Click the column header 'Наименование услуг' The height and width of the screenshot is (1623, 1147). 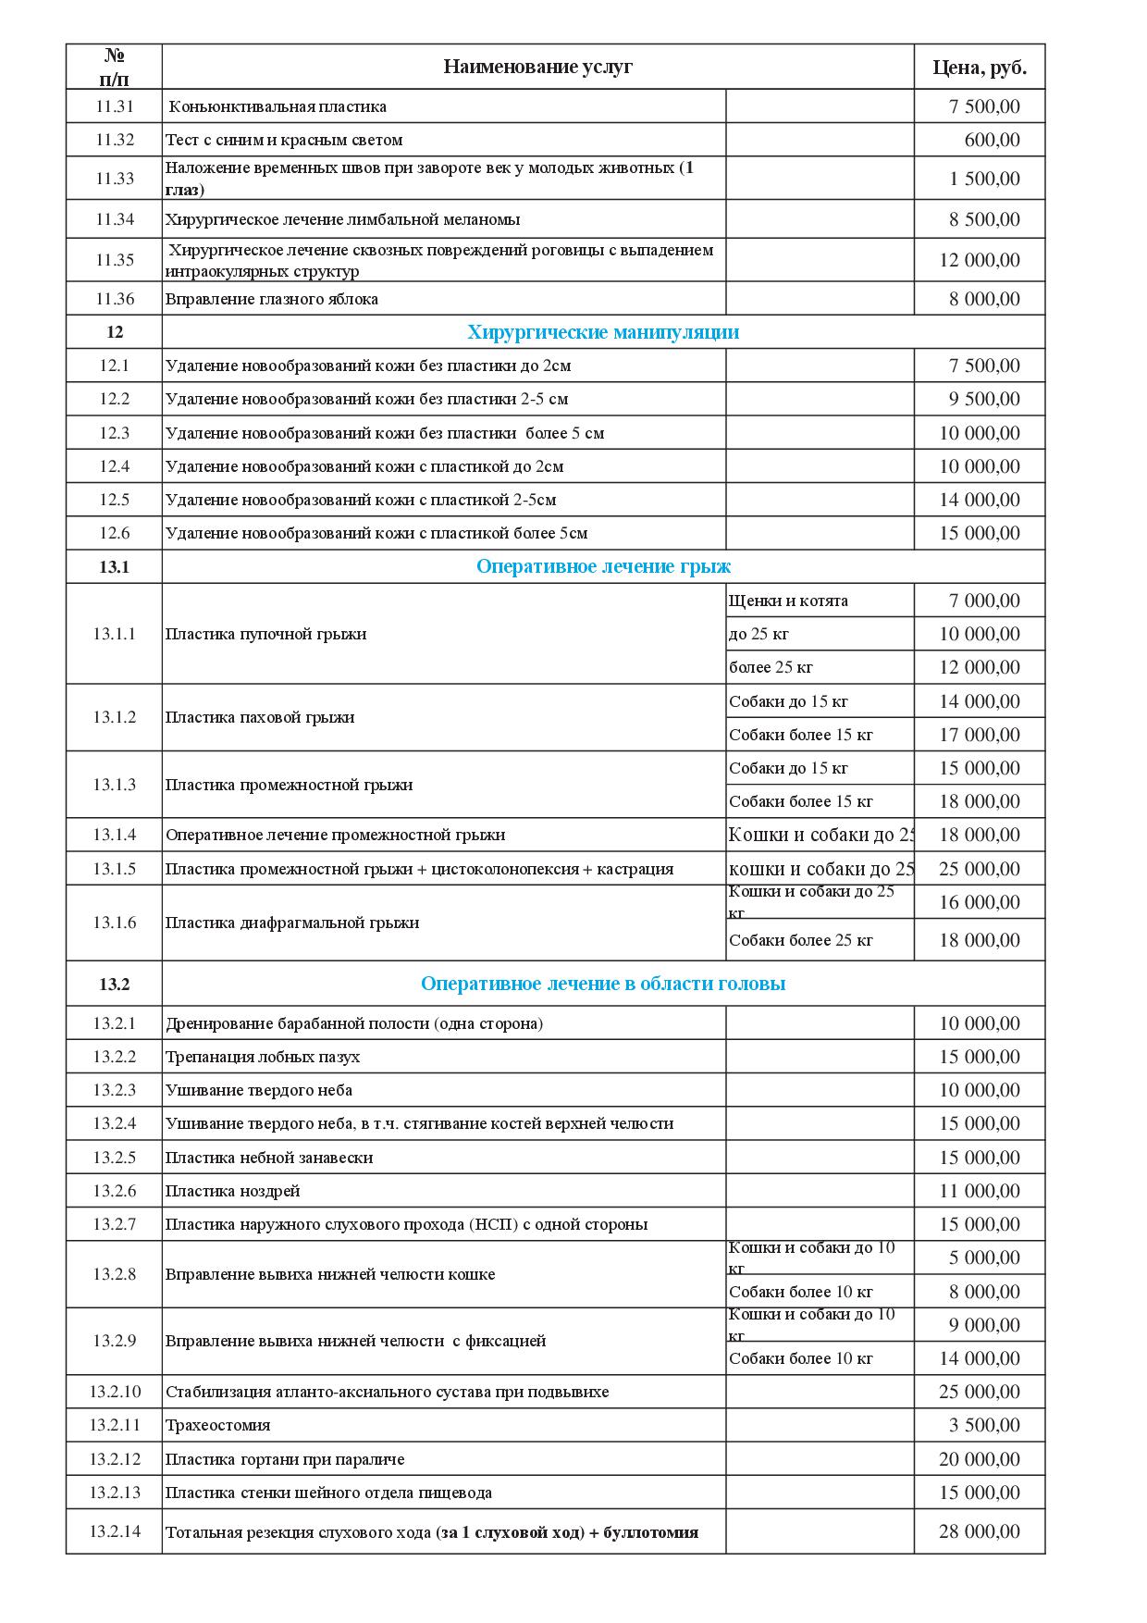pyautogui.click(x=537, y=67)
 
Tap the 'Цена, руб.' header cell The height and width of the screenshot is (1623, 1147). pyautogui.click(x=979, y=68)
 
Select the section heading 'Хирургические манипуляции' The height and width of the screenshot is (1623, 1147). pyautogui.click(x=603, y=332)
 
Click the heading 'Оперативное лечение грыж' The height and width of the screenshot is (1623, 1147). pyautogui.click(x=603, y=566)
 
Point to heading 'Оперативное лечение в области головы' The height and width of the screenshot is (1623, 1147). pyautogui.click(x=603, y=984)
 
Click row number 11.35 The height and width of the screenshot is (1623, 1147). pyautogui.click(x=115, y=260)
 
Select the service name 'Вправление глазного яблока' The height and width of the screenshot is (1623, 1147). pyautogui.click(x=272, y=299)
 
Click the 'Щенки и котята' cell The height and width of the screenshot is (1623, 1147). pyautogui.click(x=788, y=601)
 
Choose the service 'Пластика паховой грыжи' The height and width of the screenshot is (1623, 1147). pyautogui.click(x=260, y=717)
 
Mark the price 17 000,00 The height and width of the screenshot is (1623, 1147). pyautogui.click(x=980, y=735)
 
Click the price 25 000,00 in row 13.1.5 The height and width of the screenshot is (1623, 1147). pyautogui.click(x=980, y=869)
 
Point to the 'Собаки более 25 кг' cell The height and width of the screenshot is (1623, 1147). pyautogui.click(x=800, y=940)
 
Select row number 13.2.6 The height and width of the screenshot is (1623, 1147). pyautogui.click(x=115, y=1191)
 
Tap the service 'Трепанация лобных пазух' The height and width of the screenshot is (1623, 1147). pyautogui.click(x=263, y=1057)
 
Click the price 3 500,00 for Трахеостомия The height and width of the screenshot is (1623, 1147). pyautogui.click(x=984, y=1425)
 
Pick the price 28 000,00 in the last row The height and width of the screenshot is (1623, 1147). pyautogui.click(x=980, y=1531)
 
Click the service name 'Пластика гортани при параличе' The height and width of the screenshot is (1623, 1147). pyautogui.click(x=285, y=1459)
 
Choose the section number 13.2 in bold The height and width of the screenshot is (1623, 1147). pyautogui.click(x=115, y=984)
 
